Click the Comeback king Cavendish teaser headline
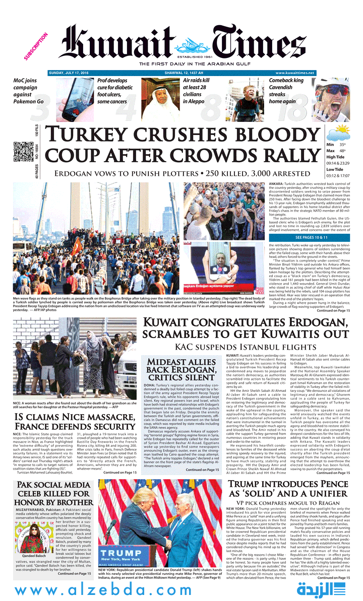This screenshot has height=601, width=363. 286,91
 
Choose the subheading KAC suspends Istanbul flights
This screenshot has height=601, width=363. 246,347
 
